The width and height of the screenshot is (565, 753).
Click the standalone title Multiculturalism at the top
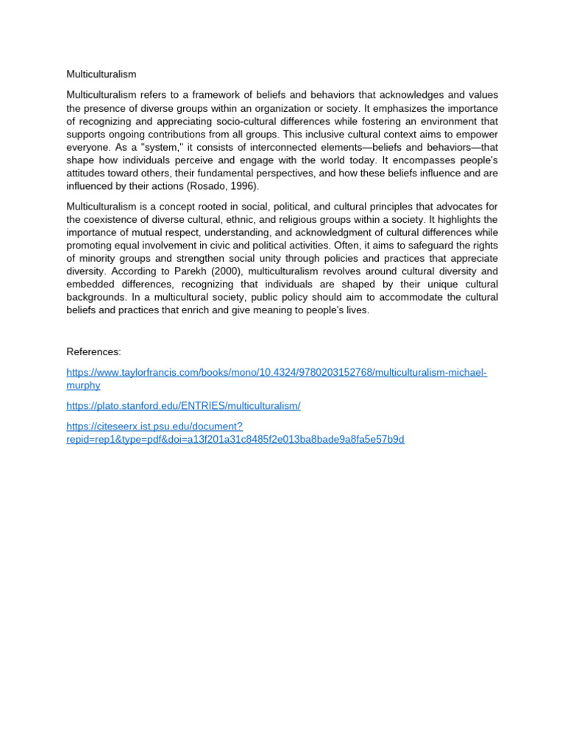[102, 74]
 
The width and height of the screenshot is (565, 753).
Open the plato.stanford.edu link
[183, 406]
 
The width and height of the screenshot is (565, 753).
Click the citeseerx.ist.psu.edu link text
[154, 427]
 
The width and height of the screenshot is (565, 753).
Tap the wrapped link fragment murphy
[83, 385]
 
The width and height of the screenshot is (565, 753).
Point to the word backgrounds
[98, 298]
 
